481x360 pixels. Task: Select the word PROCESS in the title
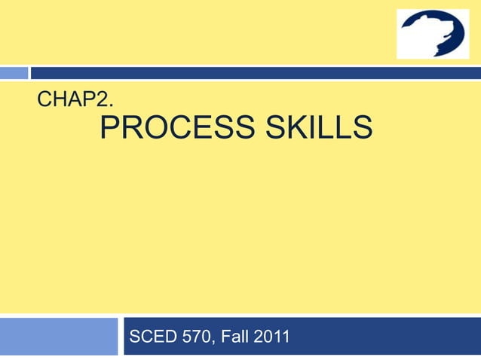click(176, 128)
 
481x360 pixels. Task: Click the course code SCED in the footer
click(153, 337)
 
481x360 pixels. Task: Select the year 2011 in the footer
click(272, 337)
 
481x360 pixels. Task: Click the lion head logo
click(433, 34)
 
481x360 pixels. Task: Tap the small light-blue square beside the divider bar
click(14, 73)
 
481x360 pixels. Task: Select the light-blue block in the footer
click(59, 336)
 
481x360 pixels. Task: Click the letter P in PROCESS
click(110, 128)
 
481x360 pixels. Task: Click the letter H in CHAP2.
click(61, 99)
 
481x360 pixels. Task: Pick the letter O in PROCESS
click(153, 128)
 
